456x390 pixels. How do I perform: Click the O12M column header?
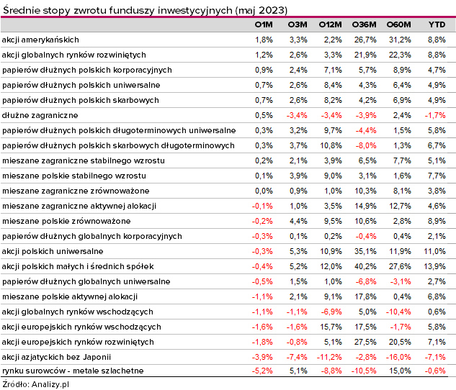click(x=330, y=24)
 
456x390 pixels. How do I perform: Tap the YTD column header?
click(x=437, y=24)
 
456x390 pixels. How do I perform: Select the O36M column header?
click(x=364, y=24)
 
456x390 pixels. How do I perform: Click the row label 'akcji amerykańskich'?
click(x=40, y=40)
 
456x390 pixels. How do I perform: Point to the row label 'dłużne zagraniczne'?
click(x=40, y=115)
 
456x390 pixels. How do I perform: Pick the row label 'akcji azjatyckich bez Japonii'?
click(x=56, y=357)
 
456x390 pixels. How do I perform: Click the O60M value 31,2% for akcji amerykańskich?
click(x=400, y=40)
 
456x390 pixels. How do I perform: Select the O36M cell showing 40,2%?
click(x=365, y=266)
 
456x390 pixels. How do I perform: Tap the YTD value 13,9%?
click(x=434, y=266)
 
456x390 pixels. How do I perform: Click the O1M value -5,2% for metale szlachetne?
click(x=262, y=371)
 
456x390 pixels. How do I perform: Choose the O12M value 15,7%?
click(x=331, y=327)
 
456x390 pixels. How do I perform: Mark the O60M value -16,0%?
click(x=398, y=357)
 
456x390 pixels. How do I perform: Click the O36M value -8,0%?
click(x=366, y=145)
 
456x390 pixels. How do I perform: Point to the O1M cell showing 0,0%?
click(x=264, y=191)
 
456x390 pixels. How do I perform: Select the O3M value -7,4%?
click(x=297, y=357)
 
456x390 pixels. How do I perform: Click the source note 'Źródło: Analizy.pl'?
click(x=35, y=384)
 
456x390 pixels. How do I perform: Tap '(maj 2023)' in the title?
click(x=261, y=11)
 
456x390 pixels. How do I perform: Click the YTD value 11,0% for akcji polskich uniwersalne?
click(x=434, y=251)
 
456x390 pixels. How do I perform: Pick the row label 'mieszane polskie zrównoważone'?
click(x=66, y=221)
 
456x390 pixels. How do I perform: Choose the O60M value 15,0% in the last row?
click(x=400, y=371)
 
